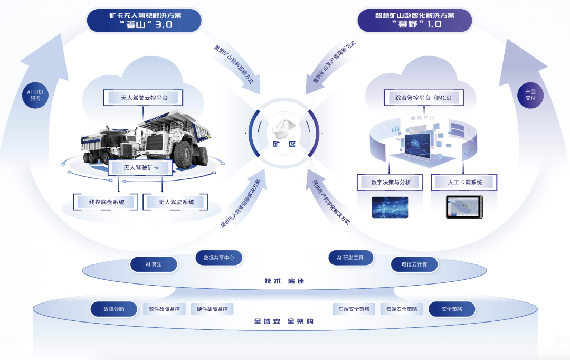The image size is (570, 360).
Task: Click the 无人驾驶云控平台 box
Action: pos(144,98)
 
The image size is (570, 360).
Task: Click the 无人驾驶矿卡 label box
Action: pos(141,168)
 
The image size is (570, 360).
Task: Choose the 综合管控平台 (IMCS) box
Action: pos(422,98)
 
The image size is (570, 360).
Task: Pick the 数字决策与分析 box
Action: pos(391,183)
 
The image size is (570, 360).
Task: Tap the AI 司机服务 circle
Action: pos(35,95)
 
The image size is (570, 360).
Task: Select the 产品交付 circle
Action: pos(530,95)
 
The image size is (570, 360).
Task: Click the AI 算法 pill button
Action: pos(154,264)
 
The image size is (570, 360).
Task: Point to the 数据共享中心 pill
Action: pos(219,258)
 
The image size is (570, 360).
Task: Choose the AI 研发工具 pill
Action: pos(351,258)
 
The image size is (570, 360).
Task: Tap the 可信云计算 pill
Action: pos(414,264)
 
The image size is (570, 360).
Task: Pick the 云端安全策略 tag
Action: pos(402,309)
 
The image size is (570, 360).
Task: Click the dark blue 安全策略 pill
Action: pos(452,309)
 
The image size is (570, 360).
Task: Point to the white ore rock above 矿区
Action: pos(284,128)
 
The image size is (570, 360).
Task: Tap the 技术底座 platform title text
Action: pos(284,281)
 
